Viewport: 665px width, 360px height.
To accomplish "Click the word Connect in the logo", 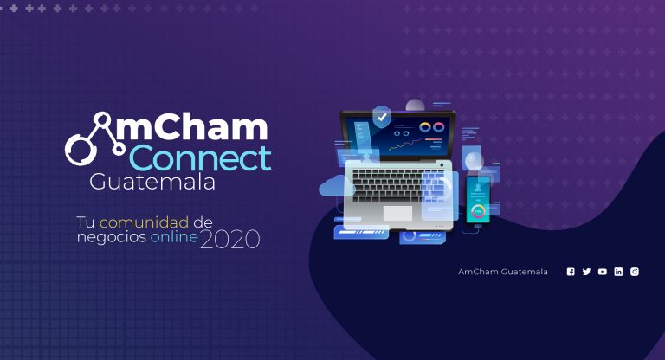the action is (x=200, y=158).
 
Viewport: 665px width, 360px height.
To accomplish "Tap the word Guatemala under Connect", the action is (x=152, y=182).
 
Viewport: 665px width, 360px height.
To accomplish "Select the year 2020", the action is (x=229, y=239).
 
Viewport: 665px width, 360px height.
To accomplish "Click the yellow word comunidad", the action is (x=145, y=222).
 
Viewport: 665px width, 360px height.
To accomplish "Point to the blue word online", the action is (x=174, y=236).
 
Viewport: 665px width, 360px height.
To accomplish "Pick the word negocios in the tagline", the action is (x=112, y=237).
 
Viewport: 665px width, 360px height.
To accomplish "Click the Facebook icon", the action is (x=571, y=272).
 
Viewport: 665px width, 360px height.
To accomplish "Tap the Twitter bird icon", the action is (x=586, y=272).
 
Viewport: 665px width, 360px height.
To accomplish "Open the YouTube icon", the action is (x=603, y=272).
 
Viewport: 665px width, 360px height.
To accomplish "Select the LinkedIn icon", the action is (x=618, y=272).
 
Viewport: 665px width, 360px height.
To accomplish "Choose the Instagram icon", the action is (x=635, y=272).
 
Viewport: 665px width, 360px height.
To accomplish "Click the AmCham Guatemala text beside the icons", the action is (x=503, y=272).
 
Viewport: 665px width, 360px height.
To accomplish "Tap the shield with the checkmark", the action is (x=382, y=117).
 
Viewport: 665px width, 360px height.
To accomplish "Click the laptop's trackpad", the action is (x=397, y=213).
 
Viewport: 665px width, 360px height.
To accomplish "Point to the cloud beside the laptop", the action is (x=336, y=186).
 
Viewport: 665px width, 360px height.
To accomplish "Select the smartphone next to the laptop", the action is (x=478, y=199).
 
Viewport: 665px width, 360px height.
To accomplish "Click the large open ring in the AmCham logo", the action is (x=79, y=151).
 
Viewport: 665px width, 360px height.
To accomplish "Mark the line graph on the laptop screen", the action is (x=405, y=145).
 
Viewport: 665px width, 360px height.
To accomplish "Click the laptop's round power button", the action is (x=442, y=165).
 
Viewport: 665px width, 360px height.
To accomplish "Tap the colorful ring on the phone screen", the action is (x=478, y=211).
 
